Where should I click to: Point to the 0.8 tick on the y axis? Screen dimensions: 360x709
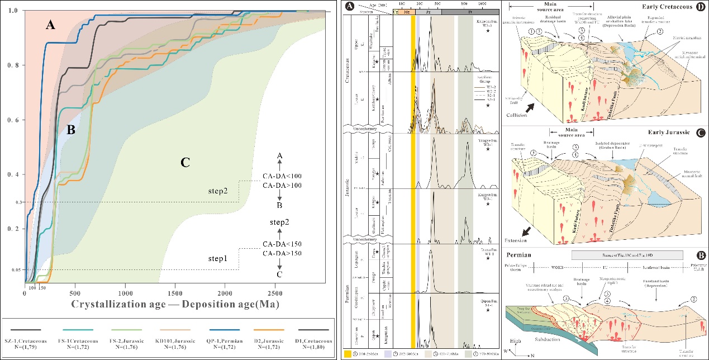(16, 65)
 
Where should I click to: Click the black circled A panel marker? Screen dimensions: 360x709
(349, 7)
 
